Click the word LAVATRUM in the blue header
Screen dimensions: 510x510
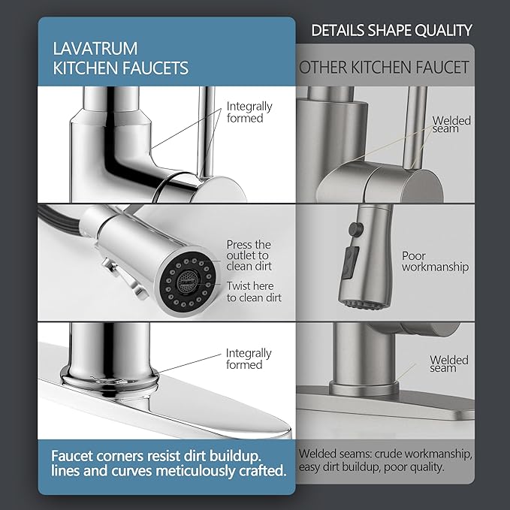(x=95, y=48)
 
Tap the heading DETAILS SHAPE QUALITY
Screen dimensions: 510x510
(x=391, y=30)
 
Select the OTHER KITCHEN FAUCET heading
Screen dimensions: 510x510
(x=384, y=68)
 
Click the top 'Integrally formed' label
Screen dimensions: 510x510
(x=249, y=112)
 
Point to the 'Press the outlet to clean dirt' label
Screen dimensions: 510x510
(x=249, y=255)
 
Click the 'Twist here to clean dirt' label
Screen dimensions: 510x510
(x=254, y=291)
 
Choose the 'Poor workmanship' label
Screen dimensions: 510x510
(x=435, y=261)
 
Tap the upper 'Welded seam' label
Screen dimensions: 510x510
(x=451, y=124)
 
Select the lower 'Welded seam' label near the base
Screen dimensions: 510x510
(x=449, y=364)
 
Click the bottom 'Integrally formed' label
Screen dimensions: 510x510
(x=249, y=358)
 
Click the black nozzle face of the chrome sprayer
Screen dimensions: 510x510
(x=186, y=282)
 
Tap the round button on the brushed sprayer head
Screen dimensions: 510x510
(x=356, y=228)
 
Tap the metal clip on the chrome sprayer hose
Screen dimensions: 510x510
(x=125, y=276)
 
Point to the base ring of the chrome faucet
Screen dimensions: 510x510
(x=110, y=378)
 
